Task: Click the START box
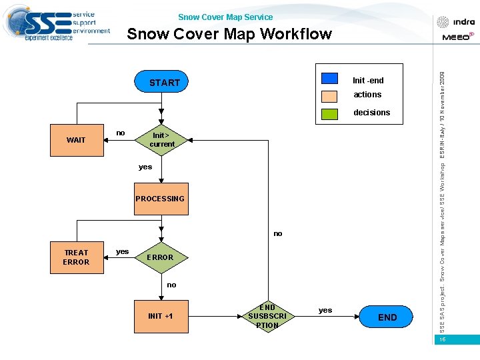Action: point(164,83)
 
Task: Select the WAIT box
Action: point(77,140)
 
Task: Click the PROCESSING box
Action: point(160,199)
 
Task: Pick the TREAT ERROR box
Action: point(77,257)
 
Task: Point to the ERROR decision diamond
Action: point(160,257)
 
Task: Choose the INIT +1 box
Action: point(160,316)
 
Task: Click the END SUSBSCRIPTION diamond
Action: point(267,317)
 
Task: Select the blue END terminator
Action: point(387,317)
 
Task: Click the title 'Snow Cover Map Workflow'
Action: point(229,34)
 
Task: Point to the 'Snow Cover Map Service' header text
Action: point(225,17)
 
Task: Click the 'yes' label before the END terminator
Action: point(325,310)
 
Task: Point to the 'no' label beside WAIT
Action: point(121,133)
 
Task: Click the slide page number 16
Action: point(442,340)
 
